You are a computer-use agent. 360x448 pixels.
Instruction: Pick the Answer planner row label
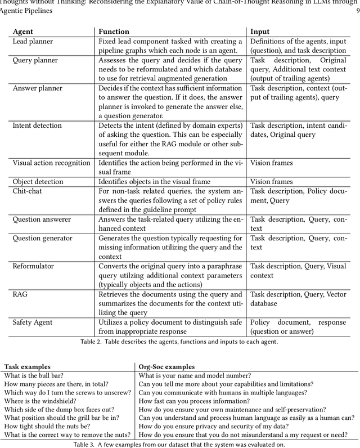point(37,88)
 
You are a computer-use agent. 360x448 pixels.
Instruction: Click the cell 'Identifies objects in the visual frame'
point(162,182)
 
